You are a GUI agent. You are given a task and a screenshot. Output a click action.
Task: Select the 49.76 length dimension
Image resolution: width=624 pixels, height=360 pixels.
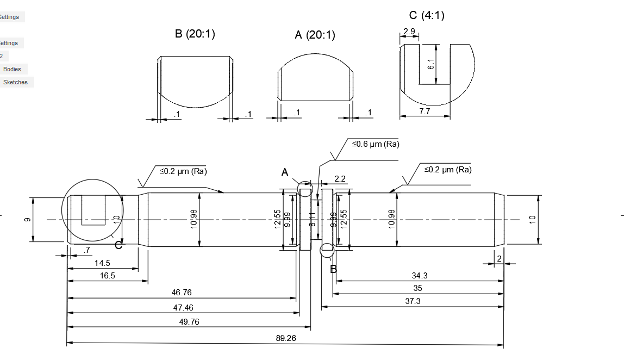189,321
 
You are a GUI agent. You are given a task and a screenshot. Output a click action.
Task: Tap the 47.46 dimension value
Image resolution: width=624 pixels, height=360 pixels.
183,307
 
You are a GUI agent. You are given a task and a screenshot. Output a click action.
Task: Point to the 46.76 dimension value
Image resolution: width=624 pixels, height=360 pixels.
182,293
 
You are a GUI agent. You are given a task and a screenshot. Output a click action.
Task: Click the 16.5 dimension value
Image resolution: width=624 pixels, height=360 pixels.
108,276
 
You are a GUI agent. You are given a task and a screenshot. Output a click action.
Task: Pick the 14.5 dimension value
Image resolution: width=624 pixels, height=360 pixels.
102,263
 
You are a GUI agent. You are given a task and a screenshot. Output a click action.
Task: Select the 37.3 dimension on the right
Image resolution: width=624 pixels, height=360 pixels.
413,301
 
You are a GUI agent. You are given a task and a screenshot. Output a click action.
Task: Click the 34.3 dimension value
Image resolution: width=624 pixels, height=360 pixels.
420,276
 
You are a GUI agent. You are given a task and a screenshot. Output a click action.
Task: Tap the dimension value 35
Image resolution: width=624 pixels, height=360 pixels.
417,288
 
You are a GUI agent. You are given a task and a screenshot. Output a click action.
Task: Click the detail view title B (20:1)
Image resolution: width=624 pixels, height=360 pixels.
195,34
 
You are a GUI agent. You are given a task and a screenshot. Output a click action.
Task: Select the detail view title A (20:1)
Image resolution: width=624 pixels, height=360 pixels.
315,35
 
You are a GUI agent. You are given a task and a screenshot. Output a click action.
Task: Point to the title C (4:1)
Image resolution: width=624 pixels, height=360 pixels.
426,15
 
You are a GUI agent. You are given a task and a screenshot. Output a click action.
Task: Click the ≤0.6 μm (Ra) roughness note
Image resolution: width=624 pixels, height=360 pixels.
375,144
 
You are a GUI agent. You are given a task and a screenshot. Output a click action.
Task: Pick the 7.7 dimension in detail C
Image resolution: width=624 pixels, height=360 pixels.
425,111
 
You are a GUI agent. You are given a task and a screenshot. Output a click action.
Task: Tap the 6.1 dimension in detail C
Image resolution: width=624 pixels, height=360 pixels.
430,64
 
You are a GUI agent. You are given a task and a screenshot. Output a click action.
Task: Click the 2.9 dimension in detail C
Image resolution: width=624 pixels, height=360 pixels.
409,32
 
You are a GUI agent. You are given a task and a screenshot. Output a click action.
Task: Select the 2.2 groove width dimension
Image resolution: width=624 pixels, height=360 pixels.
340,178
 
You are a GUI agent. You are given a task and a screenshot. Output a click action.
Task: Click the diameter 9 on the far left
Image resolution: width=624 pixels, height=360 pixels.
28,219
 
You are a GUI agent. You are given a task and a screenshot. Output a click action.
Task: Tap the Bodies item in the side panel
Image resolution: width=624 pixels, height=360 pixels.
12,69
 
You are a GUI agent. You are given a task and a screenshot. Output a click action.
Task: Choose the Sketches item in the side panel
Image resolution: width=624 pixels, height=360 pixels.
15,82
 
